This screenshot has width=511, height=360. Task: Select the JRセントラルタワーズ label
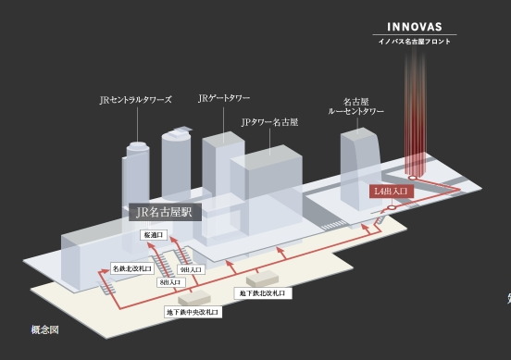point(135,99)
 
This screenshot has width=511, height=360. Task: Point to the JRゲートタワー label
point(224,97)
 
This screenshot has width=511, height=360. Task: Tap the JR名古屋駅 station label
point(162,212)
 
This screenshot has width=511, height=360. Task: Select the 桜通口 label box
point(153,236)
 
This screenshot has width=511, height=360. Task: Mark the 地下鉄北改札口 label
point(264,292)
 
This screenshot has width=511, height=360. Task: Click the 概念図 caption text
point(44,329)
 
